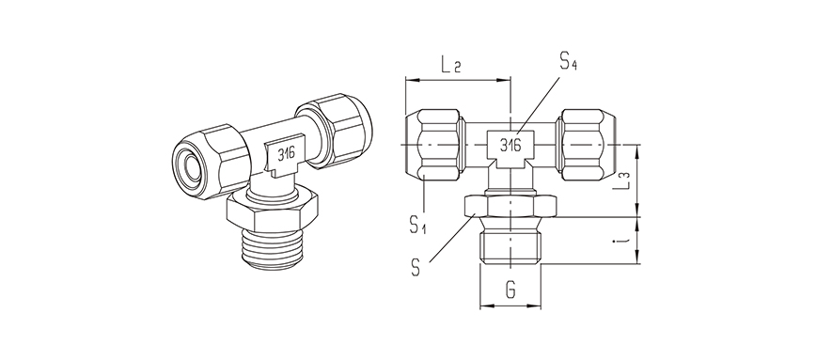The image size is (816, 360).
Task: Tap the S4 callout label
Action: (x=568, y=63)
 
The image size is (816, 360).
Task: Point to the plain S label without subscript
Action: (x=415, y=266)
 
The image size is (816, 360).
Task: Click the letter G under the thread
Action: (x=510, y=289)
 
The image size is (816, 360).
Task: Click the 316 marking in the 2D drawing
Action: (x=510, y=146)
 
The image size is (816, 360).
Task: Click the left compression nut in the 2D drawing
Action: (x=434, y=146)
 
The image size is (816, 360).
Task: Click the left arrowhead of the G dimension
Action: (x=483, y=306)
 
